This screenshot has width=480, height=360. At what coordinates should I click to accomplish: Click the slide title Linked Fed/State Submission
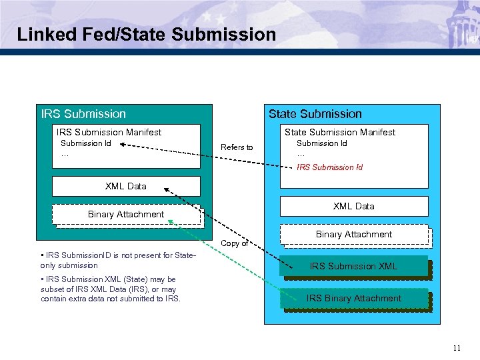point(146,35)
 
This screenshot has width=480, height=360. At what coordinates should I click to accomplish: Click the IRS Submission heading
point(83,114)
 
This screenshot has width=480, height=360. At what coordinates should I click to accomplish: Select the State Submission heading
point(315,114)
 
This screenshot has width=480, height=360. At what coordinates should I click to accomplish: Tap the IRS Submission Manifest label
point(109,132)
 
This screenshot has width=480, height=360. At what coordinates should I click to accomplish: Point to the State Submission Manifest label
point(340,132)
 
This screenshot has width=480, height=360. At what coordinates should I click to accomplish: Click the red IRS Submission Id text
point(329,167)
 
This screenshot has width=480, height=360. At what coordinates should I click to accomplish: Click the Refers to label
point(237,147)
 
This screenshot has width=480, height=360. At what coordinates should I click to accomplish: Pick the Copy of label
point(234,243)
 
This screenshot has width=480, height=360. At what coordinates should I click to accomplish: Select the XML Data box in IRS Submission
point(126,186)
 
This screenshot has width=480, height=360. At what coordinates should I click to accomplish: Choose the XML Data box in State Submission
point(354,207)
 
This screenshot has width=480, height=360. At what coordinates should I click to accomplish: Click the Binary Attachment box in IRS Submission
point(126,214)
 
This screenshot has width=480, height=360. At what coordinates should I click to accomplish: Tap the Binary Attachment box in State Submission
point(354,235)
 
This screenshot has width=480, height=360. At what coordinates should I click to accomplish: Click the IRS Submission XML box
point(353,266)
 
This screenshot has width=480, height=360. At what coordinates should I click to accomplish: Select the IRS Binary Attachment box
point(353,299)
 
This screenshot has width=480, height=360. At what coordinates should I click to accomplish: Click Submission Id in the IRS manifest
point(86,143)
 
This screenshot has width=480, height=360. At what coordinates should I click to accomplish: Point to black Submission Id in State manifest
point(321,143)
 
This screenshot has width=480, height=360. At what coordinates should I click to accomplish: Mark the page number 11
point(456,347)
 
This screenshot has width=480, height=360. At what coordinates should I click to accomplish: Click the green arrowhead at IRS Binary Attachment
point(171,222)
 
